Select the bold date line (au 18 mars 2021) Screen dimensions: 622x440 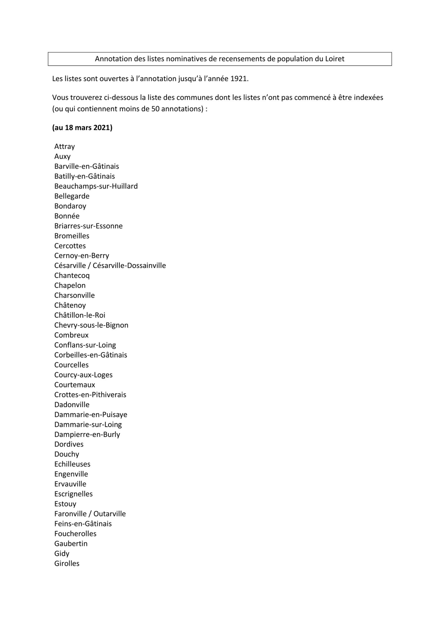coord(82,128)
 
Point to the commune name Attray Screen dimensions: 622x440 coord(64,146)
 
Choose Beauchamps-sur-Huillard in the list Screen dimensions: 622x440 coord(96,186)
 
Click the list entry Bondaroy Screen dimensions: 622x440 coord(70,206)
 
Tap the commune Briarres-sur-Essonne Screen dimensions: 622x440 coord(88,226)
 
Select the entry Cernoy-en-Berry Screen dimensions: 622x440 coord(81,256)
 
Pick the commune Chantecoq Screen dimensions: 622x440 coord(72,276)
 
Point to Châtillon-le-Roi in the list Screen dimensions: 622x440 coord(80,315)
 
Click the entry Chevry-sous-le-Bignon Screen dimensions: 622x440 coord(91,325)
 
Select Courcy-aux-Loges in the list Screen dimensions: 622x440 coord(83,375)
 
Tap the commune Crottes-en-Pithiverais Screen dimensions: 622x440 coord(90,395)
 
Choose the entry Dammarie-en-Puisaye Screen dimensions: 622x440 coord(90,415)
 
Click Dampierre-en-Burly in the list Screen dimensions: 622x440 coord(87,434)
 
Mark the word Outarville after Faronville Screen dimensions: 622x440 coord(109,514)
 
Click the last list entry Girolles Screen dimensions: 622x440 coord(67,564)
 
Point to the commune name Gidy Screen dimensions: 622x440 coord(62,554)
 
